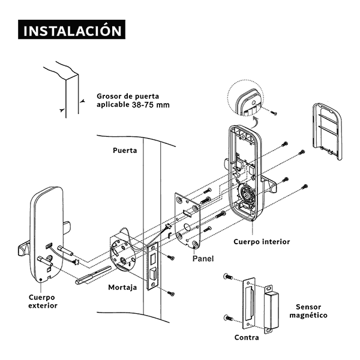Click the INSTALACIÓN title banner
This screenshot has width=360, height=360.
click(x=71, y=31)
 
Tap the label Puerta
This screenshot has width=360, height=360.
click(x=125, y=151)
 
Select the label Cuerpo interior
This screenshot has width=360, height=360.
click(x=261, y=242)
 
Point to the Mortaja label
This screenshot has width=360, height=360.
click(x=122, y=287)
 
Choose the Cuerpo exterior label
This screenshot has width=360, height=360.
click(x=43, y=301)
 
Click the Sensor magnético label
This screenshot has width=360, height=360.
click(x=308, y=310)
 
